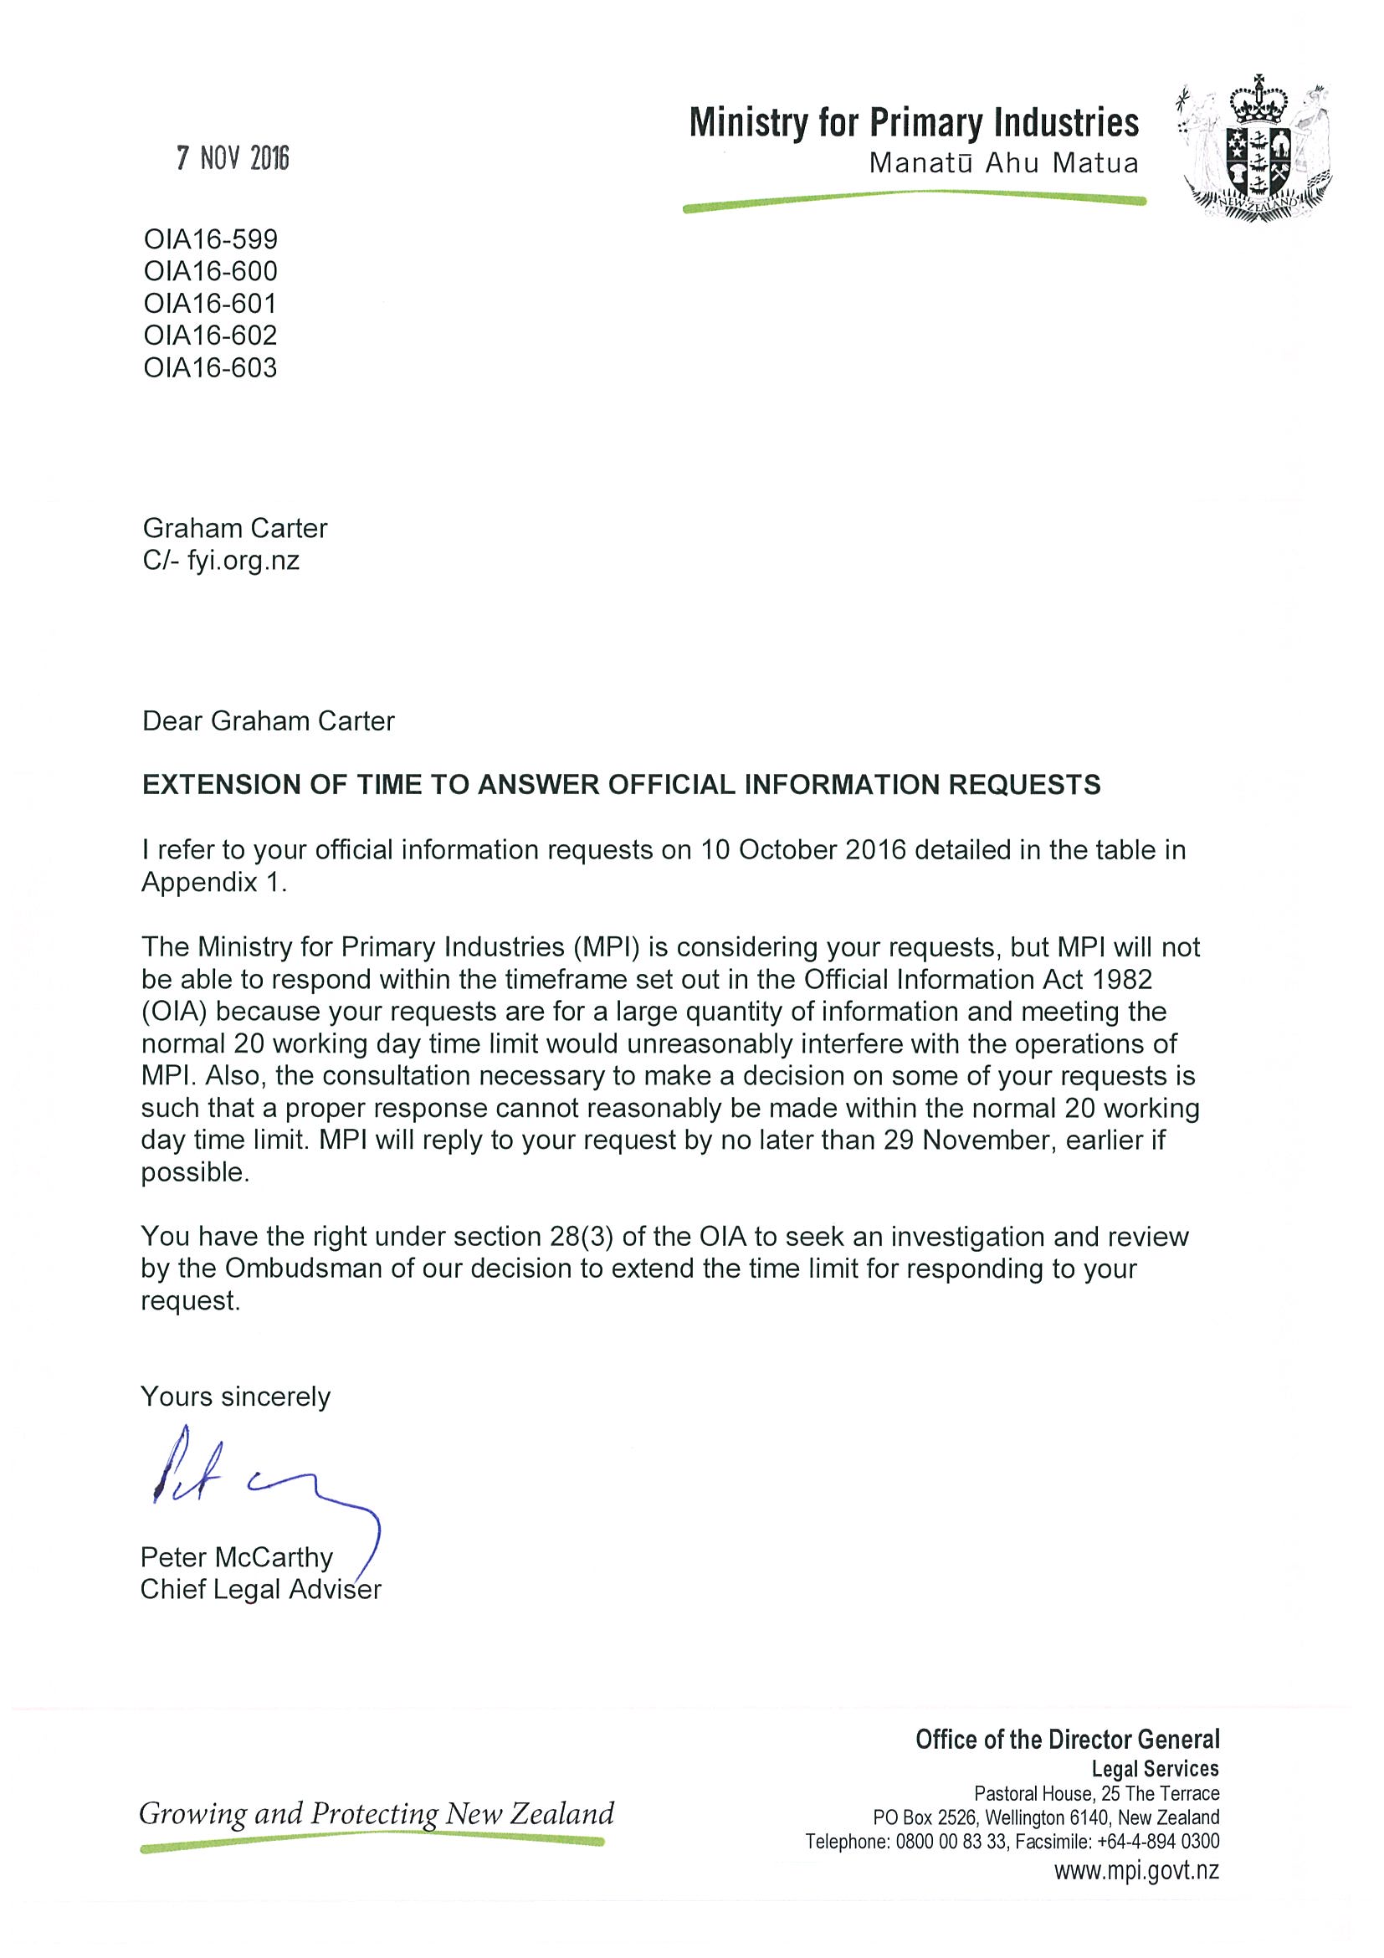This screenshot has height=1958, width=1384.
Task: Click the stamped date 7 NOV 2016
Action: [233, 159]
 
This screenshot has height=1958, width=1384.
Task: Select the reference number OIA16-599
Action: [211, 238]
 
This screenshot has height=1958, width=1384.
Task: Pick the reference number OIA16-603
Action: [211, 367]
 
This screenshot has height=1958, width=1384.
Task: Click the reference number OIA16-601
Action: [211, 304]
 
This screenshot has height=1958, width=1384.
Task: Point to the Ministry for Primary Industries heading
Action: [913, 123]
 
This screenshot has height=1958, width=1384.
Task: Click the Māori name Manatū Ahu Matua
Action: [1002, 164]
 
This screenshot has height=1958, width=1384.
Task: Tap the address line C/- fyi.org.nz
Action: [221, 561]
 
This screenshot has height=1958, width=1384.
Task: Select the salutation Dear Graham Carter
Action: [268, 721]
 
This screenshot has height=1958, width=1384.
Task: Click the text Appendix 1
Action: [213, 882]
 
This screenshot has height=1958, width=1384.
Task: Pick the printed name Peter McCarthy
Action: [236, 1557]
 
